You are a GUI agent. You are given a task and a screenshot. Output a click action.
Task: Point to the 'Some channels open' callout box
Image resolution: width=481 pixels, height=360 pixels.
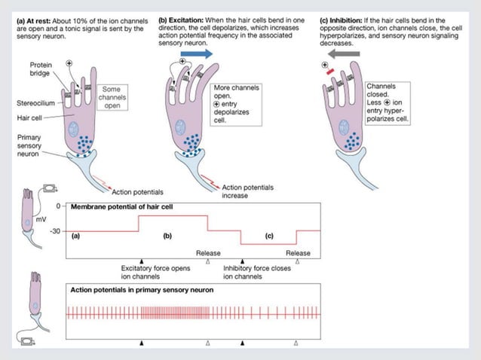(x=112, y=97)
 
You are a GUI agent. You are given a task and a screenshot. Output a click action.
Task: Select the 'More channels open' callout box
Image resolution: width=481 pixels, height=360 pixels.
(x=237, y=104)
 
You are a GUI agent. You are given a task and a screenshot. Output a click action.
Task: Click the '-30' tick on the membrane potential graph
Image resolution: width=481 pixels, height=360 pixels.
(x=54, y=231)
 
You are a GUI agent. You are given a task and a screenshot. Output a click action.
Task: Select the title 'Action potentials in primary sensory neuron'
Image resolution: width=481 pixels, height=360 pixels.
(x=141, y=290)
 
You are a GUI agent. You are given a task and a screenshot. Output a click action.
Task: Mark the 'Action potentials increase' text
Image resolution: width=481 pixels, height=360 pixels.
(x=248, y=191)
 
